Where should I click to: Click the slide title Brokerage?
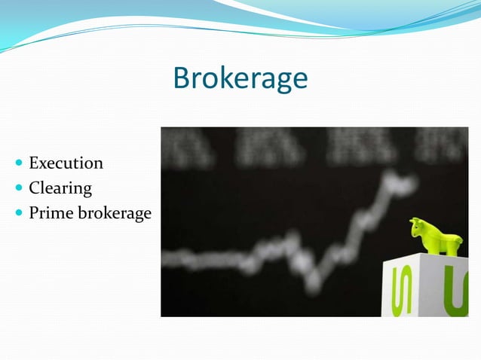[240, 78]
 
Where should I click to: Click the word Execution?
[66, 163]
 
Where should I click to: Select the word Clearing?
[60, 188]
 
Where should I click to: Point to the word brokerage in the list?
[114, 214]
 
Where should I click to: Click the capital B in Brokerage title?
[181, 78]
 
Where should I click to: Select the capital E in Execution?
[34, 163]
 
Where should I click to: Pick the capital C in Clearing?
[34, 188]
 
